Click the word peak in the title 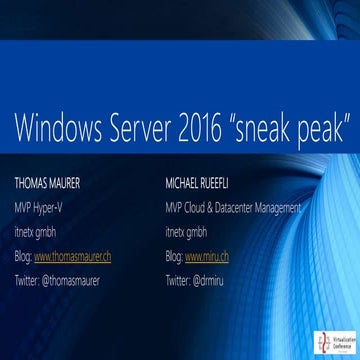coord(329,128)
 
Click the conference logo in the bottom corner coord(330,341)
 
